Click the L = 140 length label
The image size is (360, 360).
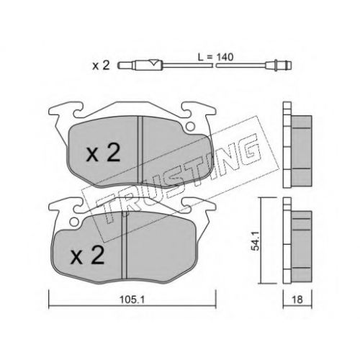coord(215,58)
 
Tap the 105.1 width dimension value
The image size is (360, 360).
coord(132,300)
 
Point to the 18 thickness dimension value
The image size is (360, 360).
coord(297,300)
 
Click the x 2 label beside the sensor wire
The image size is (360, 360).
coord(101,66)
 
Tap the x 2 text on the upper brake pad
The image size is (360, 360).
coord(103,153)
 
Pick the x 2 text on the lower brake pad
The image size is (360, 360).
coord(88,256)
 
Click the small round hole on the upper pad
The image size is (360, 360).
coord(191,126)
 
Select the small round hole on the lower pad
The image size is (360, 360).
coord(74,222)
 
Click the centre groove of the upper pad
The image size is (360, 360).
coord(140,150)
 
